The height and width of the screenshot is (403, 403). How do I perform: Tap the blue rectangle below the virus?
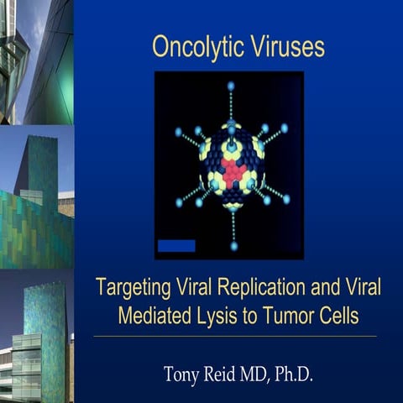coord(176,245)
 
